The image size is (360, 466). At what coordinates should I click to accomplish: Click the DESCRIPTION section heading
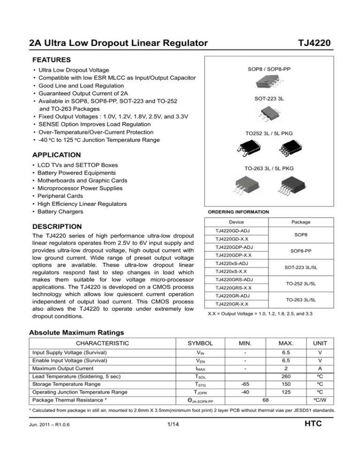56,226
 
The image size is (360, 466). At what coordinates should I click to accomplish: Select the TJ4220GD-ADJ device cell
232,231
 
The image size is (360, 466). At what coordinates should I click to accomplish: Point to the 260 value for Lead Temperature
281,387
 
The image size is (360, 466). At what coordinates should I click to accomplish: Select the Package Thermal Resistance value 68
265,412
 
